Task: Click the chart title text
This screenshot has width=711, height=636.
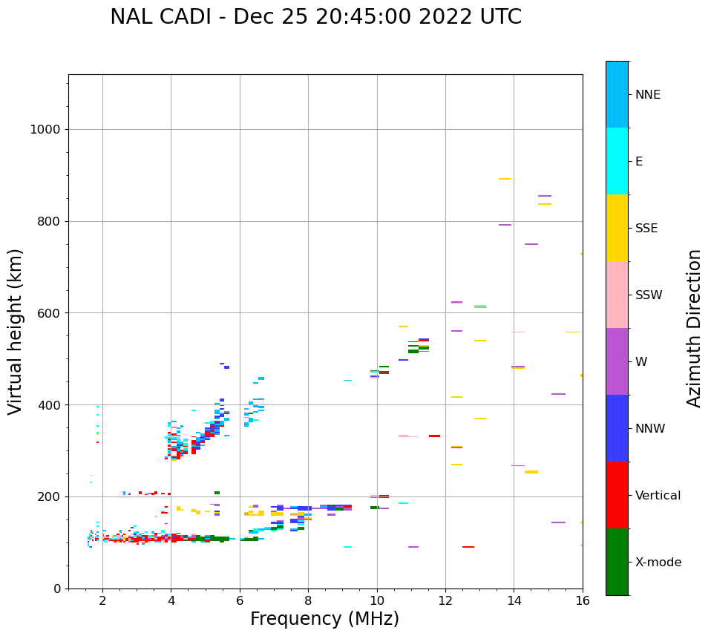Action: coord(315,17)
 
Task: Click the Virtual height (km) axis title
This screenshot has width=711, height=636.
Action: coord(16,331)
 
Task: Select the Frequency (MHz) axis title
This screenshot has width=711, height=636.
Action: coord(324,619)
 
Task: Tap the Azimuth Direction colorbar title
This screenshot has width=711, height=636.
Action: coord(694,327)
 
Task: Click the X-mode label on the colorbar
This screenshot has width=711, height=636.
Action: coord(658,563)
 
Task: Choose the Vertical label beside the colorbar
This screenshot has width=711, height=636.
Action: coord(658,496)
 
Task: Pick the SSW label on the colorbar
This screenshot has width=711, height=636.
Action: coord(649,295)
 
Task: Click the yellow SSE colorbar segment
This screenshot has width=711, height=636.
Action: coord(617,227)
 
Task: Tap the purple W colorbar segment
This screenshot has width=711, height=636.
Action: coord(617,361)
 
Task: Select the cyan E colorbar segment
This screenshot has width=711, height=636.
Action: coord(617,160)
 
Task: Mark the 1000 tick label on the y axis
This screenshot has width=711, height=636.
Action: coord(45,130)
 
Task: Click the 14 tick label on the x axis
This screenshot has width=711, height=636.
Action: coord(514,600)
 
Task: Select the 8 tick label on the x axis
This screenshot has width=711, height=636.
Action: coord(308,600)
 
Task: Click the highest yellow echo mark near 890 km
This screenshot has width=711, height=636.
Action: coord(505,179)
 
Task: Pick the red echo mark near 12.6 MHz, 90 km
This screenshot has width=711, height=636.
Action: coord(468,547)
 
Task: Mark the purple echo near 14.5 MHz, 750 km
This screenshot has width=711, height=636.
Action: coord(531,244)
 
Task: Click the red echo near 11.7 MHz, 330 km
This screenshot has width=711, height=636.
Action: coord(434,436)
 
